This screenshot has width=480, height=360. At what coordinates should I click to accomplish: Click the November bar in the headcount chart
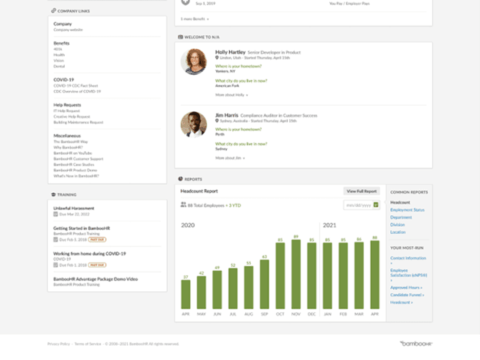pyautogui.click(x=296, y=274)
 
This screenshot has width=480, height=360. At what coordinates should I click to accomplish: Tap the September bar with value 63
pyautogui.click(x=265, y=284)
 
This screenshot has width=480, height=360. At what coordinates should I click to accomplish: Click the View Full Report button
pyautogui.click(x=362, y=191)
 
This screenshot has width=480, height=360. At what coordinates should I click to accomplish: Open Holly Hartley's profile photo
pyautogui.click(x=194, y=62)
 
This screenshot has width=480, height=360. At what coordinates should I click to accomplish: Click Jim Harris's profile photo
pyautogui.click(x=194, y=124)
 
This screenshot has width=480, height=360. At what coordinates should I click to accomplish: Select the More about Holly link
pyautogui.click(x=231, y=95)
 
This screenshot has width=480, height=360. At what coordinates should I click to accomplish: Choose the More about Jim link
pyautogui.click(x=230, y=158)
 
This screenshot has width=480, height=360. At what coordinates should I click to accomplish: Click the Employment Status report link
pyautogui.click(x=407, y=210)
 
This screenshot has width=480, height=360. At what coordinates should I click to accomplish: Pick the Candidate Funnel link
pyautogui.click(x=407, y=295)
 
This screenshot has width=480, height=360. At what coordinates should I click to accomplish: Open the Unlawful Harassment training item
pyautogui.click(x=74, y=208)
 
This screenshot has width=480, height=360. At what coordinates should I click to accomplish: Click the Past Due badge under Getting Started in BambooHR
pyautogui.click(x=97, y=239)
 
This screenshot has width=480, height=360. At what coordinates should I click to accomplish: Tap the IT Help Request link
pyautogui.click(x=67, y=111)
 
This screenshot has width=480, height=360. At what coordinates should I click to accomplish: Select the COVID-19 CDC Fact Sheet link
pyautogui.click(x=75, y=86)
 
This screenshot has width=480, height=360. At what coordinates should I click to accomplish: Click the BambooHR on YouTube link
pyautogui.click(x=72, y=153)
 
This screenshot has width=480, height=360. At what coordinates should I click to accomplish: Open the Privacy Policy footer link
pyautogui.click(x=58, y=344)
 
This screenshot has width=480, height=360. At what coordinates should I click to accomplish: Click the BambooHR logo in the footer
pyautogui.click(x=416, y=343)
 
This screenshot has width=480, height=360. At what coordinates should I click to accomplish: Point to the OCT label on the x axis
pyautogui.click(x=280, y=314)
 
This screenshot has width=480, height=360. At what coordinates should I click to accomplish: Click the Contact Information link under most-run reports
pyautogui.click(x=408, y=258)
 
